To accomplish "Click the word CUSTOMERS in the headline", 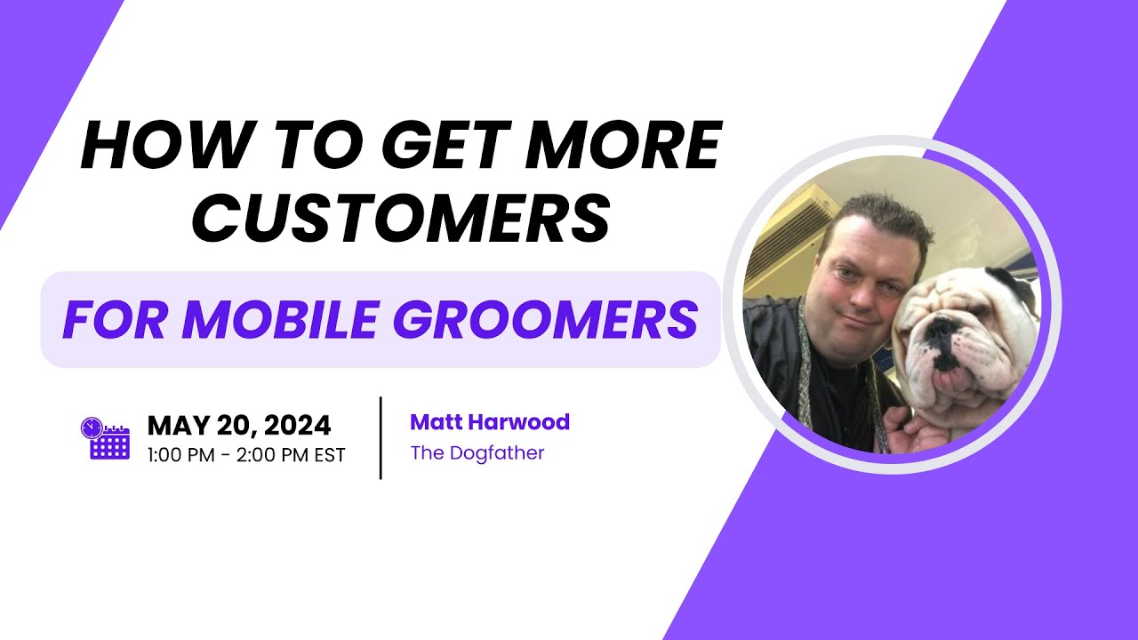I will tap(401, 216).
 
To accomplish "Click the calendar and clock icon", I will tap(105, 438).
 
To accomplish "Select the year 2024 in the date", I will tap(297, 426).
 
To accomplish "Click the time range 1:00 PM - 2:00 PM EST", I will tap(246, 453).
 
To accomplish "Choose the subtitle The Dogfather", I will tap(477, 452).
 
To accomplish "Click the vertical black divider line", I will tap(381, 438).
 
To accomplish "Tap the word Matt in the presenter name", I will tap(436, 421).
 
